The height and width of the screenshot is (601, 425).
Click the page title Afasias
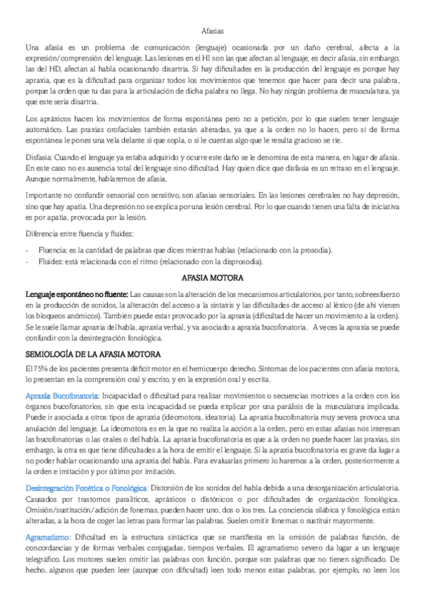[212, 31]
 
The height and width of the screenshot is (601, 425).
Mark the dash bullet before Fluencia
[27, 249]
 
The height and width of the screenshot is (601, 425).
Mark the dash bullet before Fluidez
[27, 261]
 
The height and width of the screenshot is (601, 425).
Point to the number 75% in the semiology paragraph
[37, 368]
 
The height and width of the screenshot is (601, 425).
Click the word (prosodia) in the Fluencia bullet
[311, 249]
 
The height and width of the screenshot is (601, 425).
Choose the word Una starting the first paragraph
[33, 46]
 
